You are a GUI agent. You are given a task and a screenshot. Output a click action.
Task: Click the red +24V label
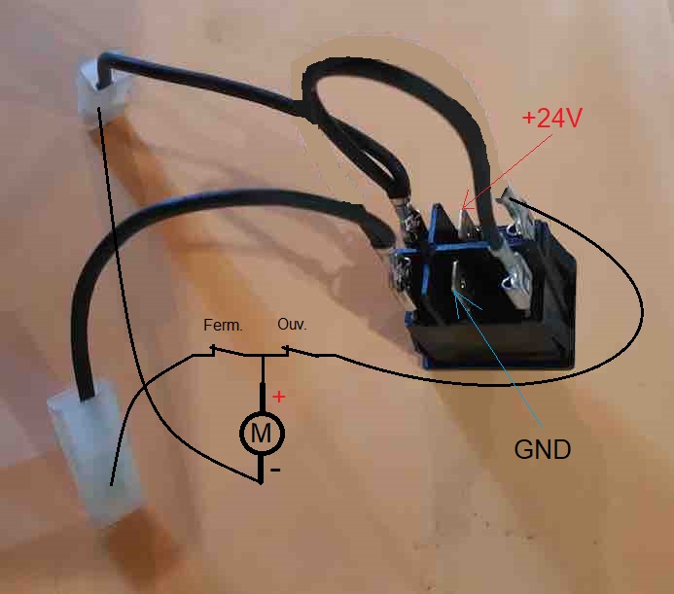click(551, 119)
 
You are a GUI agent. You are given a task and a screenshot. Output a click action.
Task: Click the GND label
click(542, 450)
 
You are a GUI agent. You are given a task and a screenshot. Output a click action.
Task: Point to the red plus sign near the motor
click(280, 397)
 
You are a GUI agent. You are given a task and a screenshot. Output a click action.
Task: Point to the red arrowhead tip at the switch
click(464, 206)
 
